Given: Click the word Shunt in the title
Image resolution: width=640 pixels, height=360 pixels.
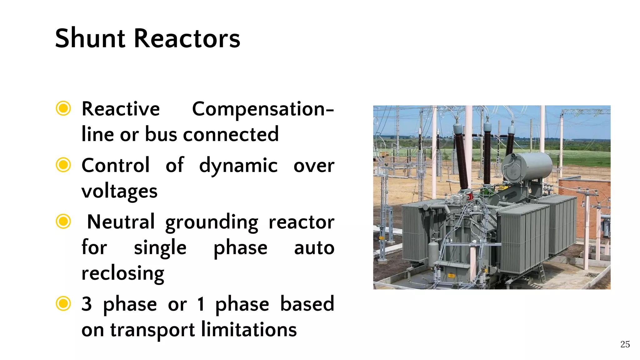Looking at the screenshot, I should pos(90,39).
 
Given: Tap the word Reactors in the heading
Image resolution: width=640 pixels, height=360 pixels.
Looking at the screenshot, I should pos(187,39).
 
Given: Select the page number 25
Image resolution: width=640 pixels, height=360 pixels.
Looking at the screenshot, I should pos(625,344).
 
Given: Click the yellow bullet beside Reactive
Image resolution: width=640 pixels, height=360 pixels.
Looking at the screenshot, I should pos(63,108).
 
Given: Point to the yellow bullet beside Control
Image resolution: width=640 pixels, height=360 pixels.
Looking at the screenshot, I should pos(63,165).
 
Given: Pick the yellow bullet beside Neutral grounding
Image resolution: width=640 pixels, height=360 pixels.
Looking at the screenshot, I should pos(63,222).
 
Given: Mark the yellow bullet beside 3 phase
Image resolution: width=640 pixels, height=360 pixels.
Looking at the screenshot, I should pos(63,303).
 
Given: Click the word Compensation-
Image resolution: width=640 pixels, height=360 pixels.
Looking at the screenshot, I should pos(263,109).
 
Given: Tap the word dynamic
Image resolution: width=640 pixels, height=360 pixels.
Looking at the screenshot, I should pos(238,166).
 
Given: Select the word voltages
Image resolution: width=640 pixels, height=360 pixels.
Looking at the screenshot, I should pos(119,191).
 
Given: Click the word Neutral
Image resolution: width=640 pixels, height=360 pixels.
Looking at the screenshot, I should pos(121,222).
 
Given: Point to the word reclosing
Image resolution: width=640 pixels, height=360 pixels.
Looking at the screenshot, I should pos(122,273).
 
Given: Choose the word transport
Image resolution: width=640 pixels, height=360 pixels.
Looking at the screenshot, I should pos(152,330).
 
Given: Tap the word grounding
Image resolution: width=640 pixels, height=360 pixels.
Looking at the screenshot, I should pos(212,222).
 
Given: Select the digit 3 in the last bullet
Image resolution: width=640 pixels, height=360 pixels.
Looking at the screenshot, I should pos(87,304).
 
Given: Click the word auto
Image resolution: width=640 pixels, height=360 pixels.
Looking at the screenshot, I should pos(314,248).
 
